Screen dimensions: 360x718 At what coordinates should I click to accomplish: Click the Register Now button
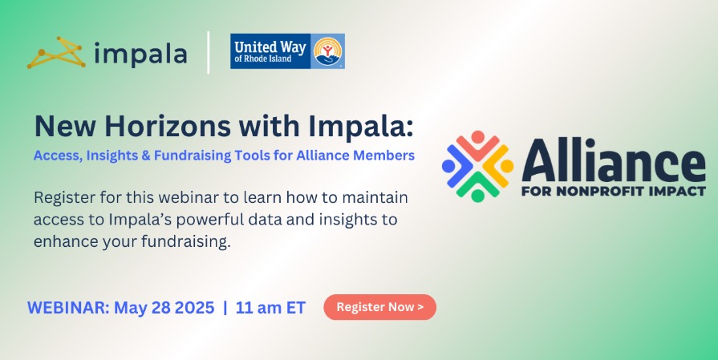(379, 307)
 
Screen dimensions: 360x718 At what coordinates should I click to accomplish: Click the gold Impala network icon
(56, 54)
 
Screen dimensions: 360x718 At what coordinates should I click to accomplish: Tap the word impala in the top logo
(140, 55)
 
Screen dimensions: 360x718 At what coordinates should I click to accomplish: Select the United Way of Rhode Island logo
(287, 51)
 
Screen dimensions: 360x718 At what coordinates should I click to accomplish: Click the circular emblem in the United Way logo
(328, 51)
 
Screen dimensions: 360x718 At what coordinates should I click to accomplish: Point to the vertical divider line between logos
(209, 53)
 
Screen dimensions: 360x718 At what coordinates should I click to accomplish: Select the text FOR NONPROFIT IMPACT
(614, 192)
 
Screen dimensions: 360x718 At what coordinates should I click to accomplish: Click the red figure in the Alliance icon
(478, 143)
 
